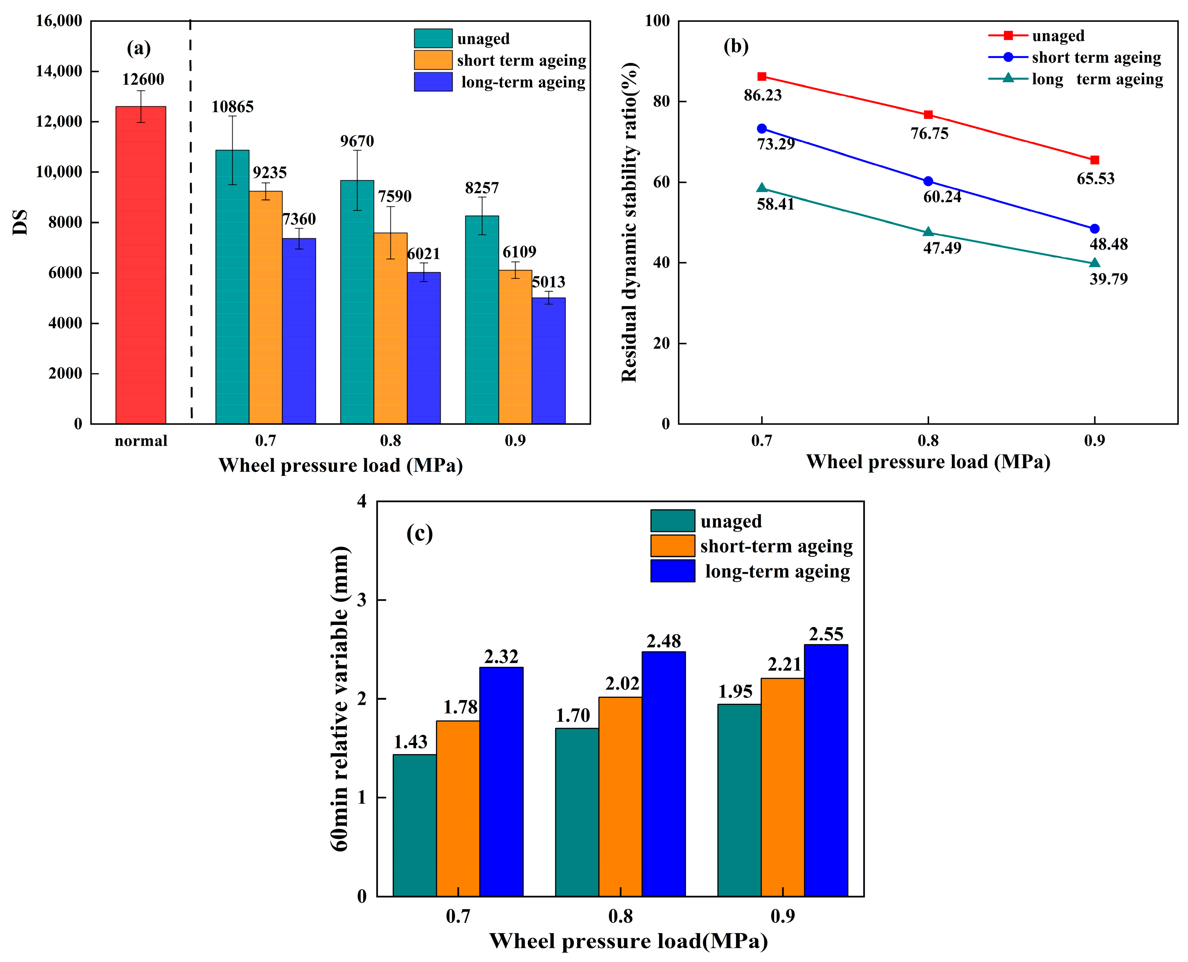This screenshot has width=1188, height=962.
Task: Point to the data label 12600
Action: (x=143, y=79)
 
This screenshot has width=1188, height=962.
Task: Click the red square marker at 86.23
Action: (x=762, y=77)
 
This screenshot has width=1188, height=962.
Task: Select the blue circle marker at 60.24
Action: (x=928, y=181)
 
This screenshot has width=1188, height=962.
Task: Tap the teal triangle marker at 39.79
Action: (x=1094, y=263)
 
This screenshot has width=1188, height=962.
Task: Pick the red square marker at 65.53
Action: (x=1094, y=160)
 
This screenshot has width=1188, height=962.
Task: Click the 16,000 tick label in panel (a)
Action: (x=59, y=21)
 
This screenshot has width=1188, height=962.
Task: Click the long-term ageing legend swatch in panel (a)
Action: (x=433, y=82)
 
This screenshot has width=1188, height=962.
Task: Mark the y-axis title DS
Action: (x=20, y=222)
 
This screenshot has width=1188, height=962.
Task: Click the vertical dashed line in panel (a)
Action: (x=191, y=222)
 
